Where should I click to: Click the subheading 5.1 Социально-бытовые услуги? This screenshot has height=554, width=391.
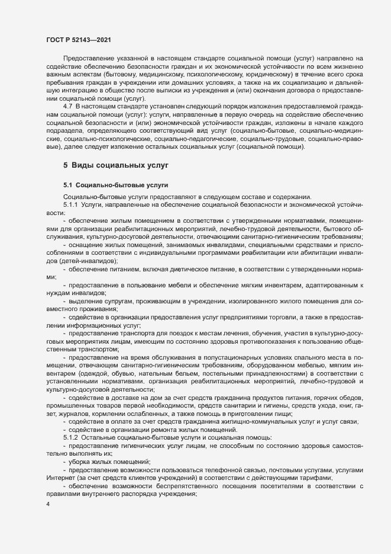[116, 185]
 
